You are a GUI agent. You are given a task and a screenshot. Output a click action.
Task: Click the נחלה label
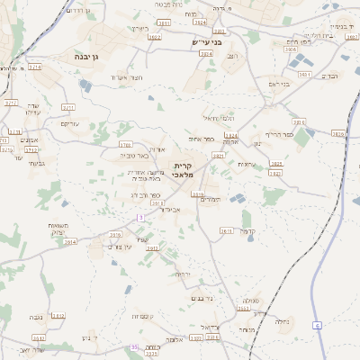281,320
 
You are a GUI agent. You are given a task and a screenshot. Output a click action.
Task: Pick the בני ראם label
279,85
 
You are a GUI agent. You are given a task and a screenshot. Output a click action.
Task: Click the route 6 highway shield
318,324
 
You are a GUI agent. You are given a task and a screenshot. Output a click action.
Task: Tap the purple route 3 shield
140,218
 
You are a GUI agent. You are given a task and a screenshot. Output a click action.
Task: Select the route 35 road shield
134,346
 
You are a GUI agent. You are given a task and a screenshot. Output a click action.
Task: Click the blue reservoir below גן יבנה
85,85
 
